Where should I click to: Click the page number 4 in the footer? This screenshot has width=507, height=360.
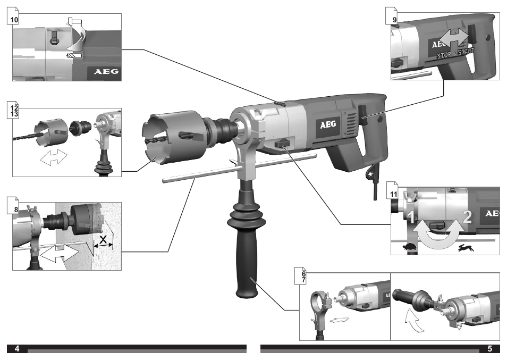coord(17,349)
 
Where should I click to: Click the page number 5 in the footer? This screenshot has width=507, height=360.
coord(489,349)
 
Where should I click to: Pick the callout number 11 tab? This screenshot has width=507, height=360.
coord(394,193)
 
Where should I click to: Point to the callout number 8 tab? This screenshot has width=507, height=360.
coord(16,208)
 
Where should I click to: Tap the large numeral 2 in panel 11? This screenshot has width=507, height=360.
coord(467,216)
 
